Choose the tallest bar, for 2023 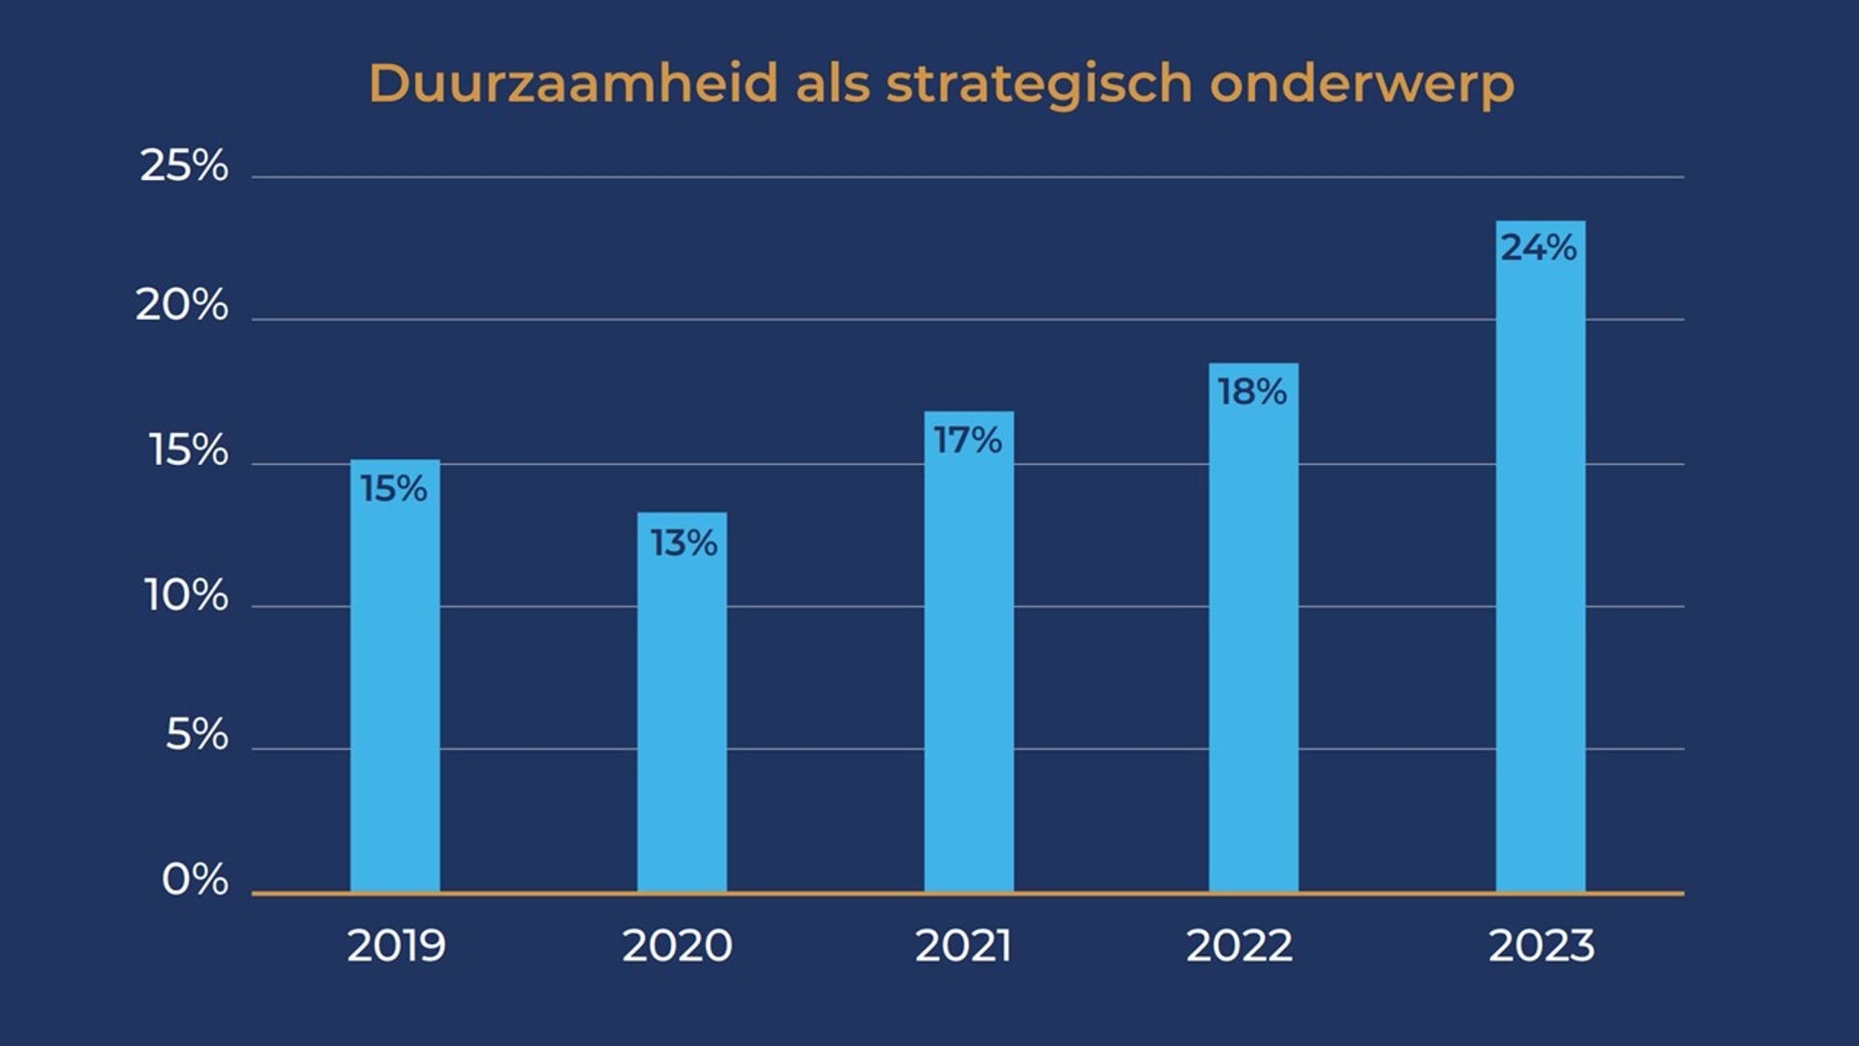(x=1539, y=581)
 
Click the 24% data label (x=1539, y=248)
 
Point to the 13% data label (x=684, y=543)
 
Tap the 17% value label (x=967, y=441)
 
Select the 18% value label (x=1252, y=392)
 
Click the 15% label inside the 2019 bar (x=394, y=489)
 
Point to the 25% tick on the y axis (x=184, y=166)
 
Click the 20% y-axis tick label (x=182, y=306)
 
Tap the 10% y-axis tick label (x=186, y=596)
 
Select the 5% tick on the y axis (x=197, y=735)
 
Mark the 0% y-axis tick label (x=195, y=880)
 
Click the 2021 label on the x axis (x=963, y=946)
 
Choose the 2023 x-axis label (x=1540, y=946)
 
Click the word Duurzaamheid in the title (x=573, y=83)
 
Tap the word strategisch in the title (x=1039, y=85)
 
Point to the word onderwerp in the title (x=1361, y=85)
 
